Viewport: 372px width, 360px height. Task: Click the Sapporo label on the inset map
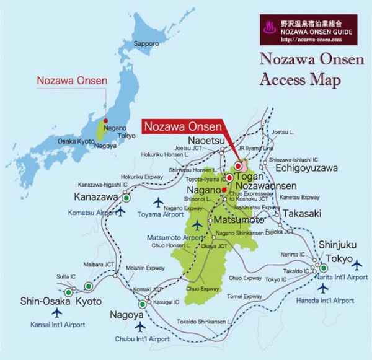click(146, 44)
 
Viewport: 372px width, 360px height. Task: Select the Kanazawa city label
click(96, 198)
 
